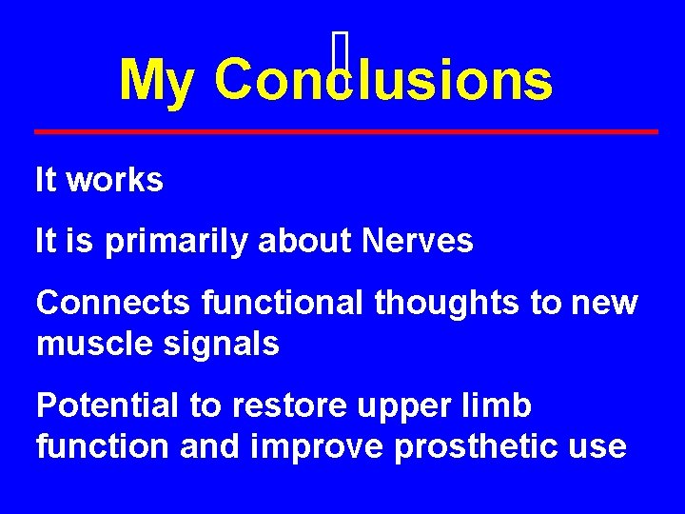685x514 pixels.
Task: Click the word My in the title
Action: (x=155, y=81)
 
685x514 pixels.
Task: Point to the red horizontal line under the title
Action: (x=346, y=130)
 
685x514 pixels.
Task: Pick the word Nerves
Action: (x=418, y=242)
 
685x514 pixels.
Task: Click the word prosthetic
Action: (x=479, y=446)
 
